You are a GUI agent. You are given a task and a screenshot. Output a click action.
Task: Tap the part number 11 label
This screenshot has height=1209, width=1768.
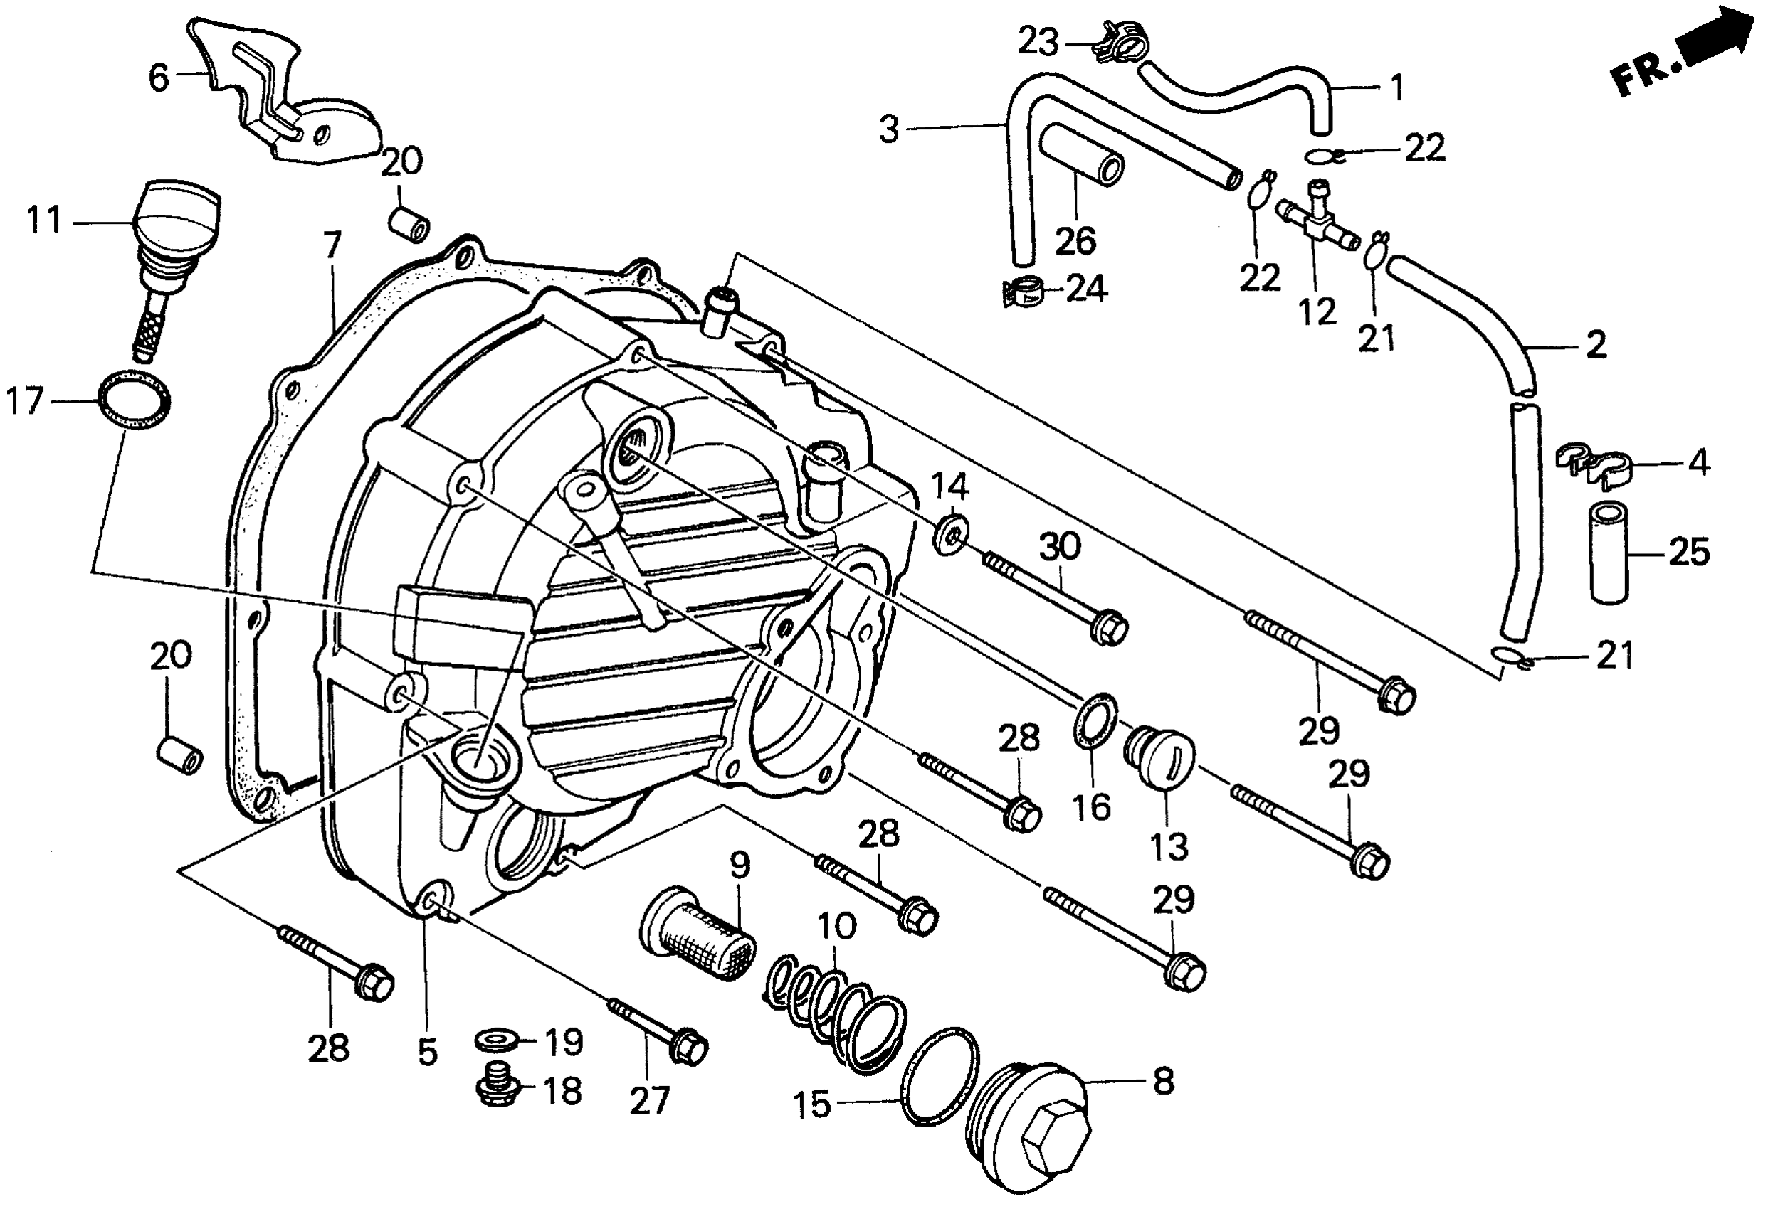coord(43,221)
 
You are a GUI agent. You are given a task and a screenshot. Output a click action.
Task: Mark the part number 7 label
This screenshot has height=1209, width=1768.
coord(332,245)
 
